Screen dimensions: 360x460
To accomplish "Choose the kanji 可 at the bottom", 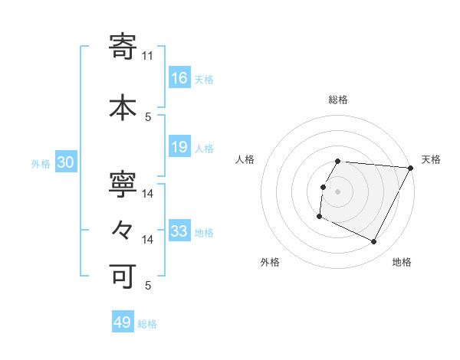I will [x=123, y=274].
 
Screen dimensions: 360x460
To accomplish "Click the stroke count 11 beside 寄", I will [x=148, y=55].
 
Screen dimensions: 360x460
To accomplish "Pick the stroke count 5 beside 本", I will [x=148, y=116].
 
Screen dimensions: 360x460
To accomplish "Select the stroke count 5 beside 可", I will [x=148, y=286].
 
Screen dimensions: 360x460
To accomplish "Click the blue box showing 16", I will [x=179, y=77].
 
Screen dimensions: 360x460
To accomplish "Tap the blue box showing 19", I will [x=179, y=147].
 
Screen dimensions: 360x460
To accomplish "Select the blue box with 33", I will [x=179, y=231].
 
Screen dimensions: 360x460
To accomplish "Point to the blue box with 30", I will [x=65, y=162].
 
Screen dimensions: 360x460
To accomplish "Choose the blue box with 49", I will [x=123, y=322].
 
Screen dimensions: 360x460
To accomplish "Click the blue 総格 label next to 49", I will [x=147, y=324].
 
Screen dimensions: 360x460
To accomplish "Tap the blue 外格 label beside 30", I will [x=41, y=163].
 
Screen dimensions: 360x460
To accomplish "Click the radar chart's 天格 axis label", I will [x=431, y=159].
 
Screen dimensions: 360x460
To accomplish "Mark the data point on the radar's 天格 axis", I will [x=412, y=168].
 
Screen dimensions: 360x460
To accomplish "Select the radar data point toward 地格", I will [x=374, y=241].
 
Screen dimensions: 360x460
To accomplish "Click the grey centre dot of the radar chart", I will [x=337, y=191].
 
